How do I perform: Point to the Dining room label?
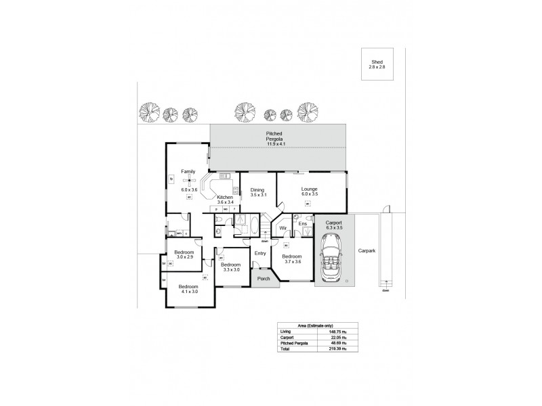257,192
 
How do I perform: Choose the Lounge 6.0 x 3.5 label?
309,192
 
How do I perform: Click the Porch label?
264,277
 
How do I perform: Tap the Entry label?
259,253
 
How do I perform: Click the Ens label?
303,223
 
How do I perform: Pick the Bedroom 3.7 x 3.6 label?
291,259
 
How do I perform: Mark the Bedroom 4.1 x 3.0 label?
188,289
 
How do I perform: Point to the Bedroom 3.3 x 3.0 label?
231,267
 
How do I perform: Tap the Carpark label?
367,250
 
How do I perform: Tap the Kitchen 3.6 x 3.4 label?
225,200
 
